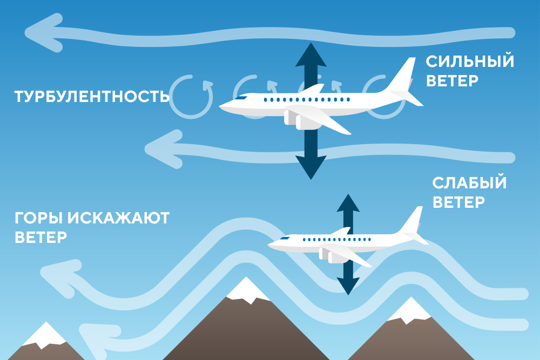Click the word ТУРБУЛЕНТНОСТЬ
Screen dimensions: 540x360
tap(92, 97)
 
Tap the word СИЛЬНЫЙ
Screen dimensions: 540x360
tap(470, 62)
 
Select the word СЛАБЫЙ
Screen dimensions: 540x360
tap(469, 183)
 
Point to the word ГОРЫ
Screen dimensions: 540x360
tap(39, 218)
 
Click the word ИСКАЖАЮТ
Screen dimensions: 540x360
tap(118, 218)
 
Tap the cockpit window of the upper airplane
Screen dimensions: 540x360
tap(241, 98)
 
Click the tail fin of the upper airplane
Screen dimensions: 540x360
tap(402, 74)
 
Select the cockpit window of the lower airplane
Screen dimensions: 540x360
tap(285, 238)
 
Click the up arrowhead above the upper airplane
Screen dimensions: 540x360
tap(310, 55)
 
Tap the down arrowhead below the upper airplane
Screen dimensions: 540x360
tap(310, 167)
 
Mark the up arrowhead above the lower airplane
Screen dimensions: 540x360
tap(348, 203)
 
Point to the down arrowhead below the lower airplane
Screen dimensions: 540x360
tap(348, 287)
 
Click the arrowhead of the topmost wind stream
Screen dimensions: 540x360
tap(43, 33)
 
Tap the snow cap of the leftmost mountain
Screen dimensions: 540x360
tap(45, 335)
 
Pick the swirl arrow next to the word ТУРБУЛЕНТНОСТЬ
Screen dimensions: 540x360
tap(191, 97)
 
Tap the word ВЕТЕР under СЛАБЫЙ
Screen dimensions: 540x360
tap(458, 202)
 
